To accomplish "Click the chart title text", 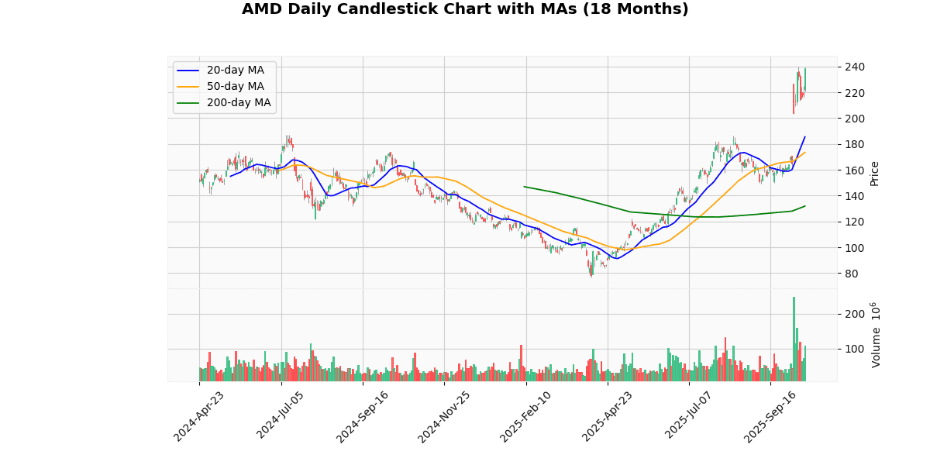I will [465, 9].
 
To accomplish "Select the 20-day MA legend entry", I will [235, 71].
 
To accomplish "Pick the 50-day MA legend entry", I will [235, 87].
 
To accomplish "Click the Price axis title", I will [874, 173].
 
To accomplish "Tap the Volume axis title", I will [876, 335].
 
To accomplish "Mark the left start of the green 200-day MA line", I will [525, 186].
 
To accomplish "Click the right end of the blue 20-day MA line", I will [805, 136].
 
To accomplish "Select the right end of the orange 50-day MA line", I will [805, 152].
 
